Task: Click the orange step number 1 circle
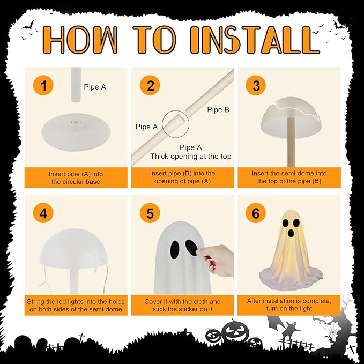[x=43, y=85]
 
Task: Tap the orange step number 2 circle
[x=150, y=85]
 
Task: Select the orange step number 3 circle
[x=256, y=85]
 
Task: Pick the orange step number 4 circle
[x=43, y=213]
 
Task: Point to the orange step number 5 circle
[x=150, y=213]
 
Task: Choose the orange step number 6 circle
[x=256, y=213]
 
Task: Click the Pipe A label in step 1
[x=95, y=87]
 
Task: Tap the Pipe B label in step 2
[x=218, y=109]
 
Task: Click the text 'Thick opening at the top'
[x=191, y=156]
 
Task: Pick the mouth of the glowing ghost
[x=291, y=233]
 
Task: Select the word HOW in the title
[x=80, y=40]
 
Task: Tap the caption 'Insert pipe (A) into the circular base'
[x=76, y=177]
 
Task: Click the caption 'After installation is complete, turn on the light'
[x=289, y=304]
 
